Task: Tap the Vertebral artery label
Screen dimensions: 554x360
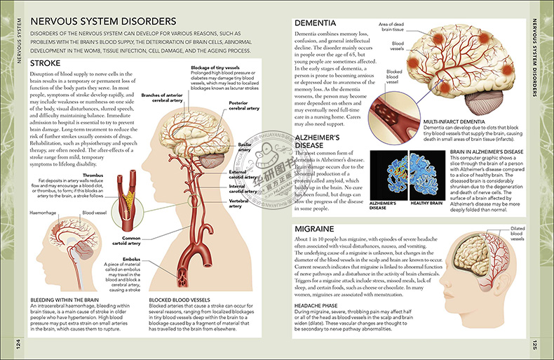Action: coord(241,204)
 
